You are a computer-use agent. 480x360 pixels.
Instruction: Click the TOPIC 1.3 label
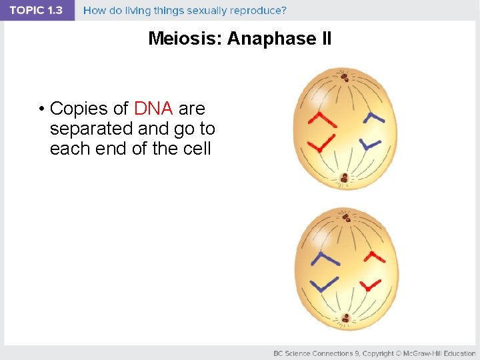point(37,11)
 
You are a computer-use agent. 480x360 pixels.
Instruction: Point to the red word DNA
point(154,109)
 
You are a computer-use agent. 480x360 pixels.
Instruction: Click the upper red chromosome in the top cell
point(323,120)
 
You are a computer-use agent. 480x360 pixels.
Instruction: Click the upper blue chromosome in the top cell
point(374,118)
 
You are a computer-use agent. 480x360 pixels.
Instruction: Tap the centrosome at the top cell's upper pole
point(345,77)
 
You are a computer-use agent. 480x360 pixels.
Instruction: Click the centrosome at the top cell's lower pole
point(344,178)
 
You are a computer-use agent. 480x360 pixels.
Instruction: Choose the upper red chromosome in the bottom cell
point(375,255)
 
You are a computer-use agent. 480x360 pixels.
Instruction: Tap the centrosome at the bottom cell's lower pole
point(345,319)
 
